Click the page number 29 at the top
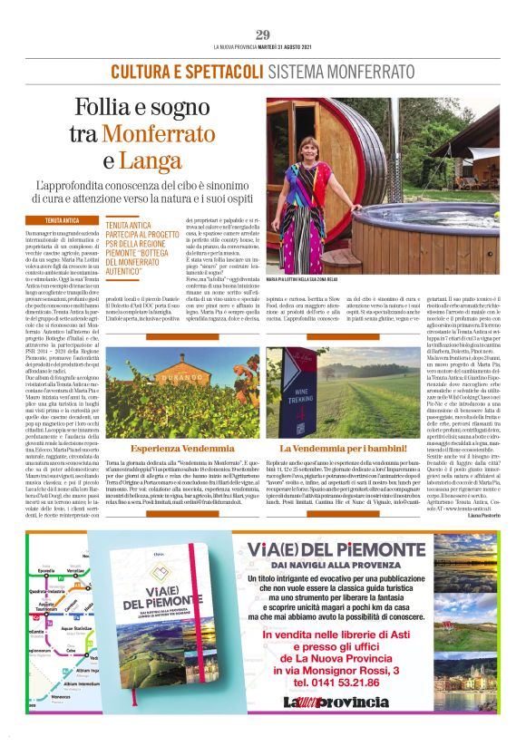[262, 34]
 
